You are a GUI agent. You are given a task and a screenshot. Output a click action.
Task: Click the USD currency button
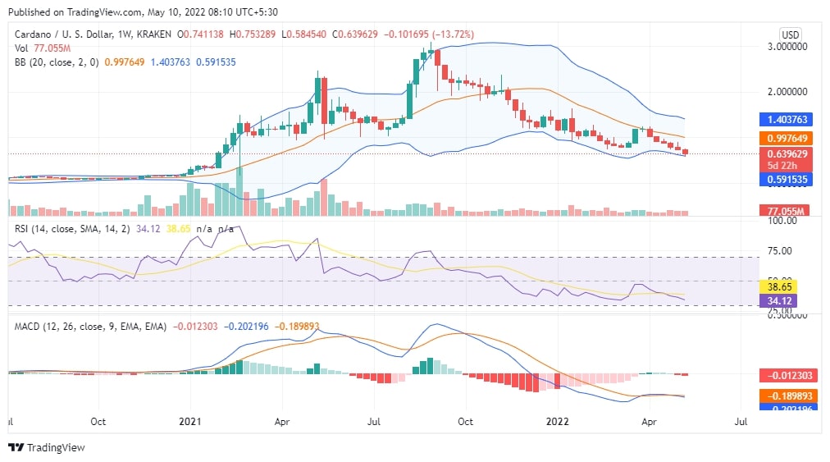click(x=790, y=34)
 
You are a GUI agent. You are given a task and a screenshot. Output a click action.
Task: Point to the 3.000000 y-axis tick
click(x=784, y=48)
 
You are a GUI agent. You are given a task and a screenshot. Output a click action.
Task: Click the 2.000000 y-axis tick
click(x=784, y=92)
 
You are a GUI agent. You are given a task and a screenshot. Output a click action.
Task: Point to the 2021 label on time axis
click(x=190, y=422)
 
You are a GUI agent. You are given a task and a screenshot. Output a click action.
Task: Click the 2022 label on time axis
click(x=558, y=422)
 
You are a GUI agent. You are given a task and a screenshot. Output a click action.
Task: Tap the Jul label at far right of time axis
click(x=741, y=422)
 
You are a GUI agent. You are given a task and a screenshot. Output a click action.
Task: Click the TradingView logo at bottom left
click(x=47, y=448)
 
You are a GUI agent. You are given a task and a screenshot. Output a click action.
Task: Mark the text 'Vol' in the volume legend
click(x=22, y=48)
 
